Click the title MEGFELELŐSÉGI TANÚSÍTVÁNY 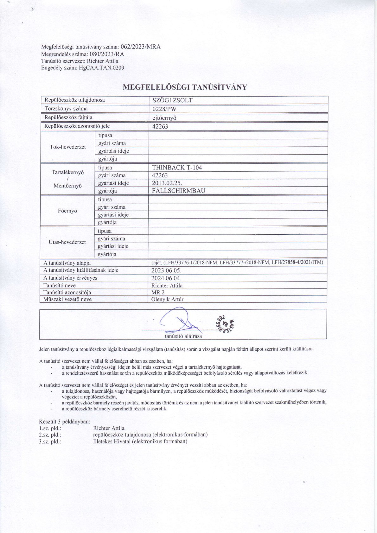coord(185,87)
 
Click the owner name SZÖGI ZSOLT coord(172,100)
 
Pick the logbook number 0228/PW coord(164,109)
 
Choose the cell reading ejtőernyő coord(164,118)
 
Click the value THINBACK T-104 coord(177,168)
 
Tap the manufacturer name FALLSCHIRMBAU coord(179,191)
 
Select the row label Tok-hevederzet coord(68,147)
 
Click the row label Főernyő coord(67,211)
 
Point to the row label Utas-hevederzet coord(67,242)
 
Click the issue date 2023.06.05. coord(167,270)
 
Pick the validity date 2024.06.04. coord(167,278)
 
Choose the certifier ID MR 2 coord(158,293)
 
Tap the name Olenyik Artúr coord(168,299)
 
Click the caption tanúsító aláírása coord(183,336)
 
